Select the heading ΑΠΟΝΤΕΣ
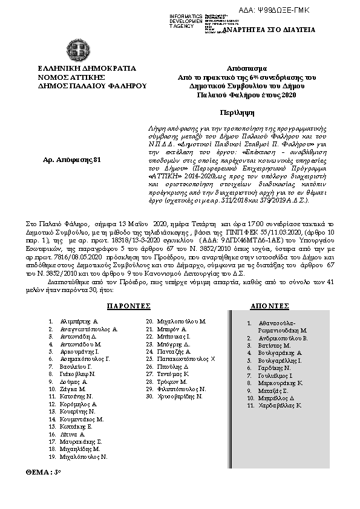(269, 306)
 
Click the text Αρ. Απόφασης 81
(64, 159)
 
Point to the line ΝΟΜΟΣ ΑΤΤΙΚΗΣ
(71, 77)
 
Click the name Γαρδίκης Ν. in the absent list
(275, 368)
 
